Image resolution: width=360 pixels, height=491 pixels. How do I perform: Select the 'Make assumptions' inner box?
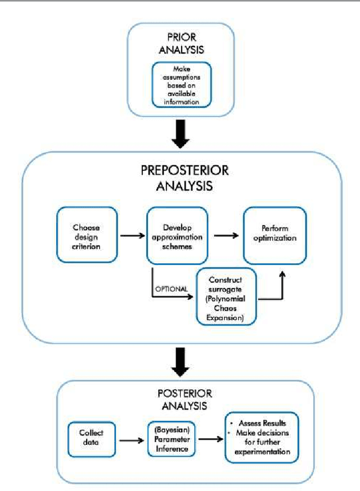(181, 85)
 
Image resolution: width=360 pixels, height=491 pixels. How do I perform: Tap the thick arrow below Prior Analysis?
(181, 134)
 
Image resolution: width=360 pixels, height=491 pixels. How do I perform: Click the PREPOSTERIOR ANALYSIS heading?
(181, 178)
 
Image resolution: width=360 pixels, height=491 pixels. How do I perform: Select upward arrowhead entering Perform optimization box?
(282, 274)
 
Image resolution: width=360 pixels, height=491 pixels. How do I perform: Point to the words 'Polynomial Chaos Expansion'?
(226, 307)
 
